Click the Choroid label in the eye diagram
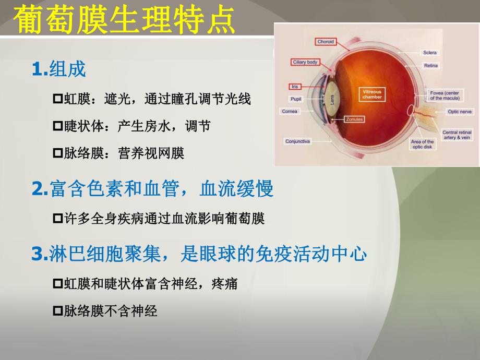pos(326,42)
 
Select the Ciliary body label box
pos(305,62)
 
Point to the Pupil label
pos(295,99)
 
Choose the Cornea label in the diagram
pos(290,111)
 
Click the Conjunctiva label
pos(298,141)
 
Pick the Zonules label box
pos(355,119)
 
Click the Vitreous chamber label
pos(372,94)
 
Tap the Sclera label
pos(430,53)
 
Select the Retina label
pos(431,66)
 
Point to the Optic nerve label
pos(460,112)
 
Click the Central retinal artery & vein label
pos(457,135)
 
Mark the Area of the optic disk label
pos(422,144)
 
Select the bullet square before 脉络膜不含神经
pos(58,311)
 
